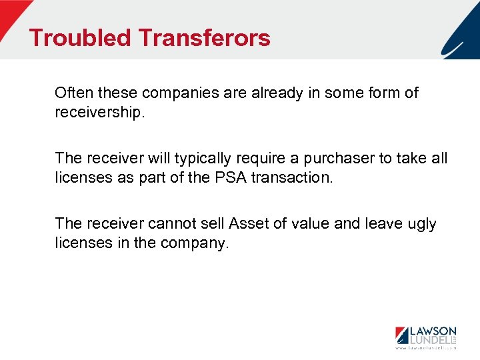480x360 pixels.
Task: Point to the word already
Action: click(x=277, y=93)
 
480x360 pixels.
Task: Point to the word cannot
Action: click(x=161, y=223)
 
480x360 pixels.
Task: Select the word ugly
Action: click(x=420, y=223)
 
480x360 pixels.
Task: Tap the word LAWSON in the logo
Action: click(x=433, y=331)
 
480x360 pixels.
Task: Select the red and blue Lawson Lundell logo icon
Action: click(x=402, y=336)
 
